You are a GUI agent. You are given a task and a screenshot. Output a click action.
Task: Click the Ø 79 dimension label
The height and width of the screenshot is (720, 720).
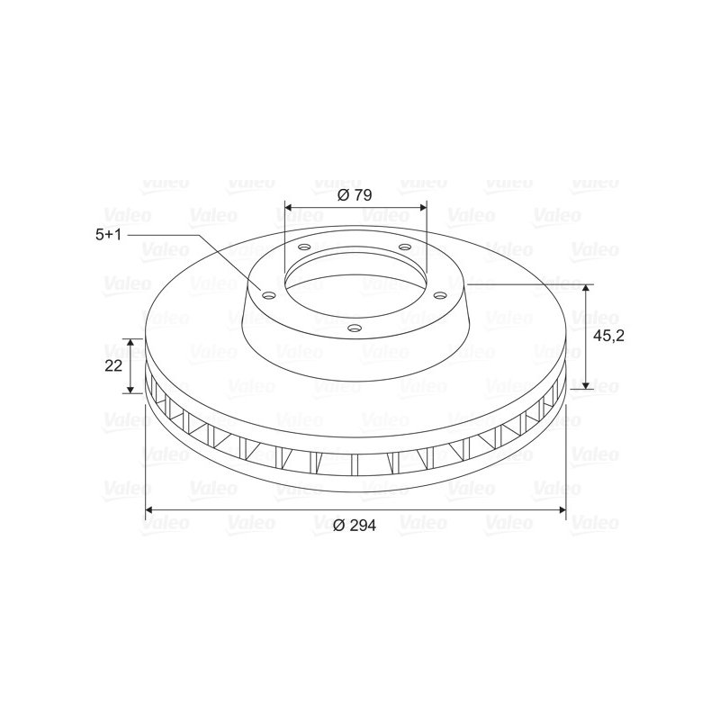coord(354,194)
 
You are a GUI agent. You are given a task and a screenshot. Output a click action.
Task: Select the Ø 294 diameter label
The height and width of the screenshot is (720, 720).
coord(354,525)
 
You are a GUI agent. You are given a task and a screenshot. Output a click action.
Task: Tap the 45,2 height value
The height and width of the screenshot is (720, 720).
coord(609,336)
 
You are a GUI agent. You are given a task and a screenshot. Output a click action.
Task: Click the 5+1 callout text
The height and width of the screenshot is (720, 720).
coord(108,235)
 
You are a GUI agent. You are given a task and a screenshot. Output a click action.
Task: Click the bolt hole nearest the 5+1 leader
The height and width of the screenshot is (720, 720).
coord(268,295)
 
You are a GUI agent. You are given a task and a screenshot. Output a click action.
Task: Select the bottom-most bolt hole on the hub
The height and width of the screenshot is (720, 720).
coord(355,328)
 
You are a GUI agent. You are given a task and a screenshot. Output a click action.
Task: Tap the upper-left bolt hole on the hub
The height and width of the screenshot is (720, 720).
coord(304,247)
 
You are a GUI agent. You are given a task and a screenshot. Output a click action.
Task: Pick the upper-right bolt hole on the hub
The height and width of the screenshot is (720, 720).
coord(404,247)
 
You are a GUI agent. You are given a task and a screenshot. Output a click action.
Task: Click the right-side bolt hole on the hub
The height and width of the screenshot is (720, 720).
coord(440,294)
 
